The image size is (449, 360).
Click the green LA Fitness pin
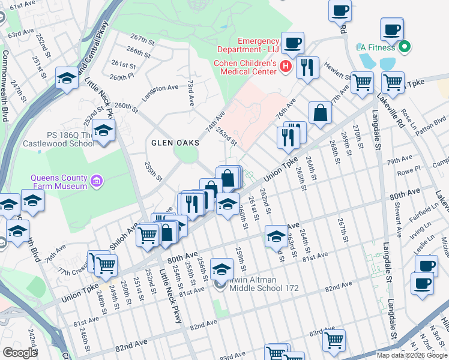[x=404, y=46]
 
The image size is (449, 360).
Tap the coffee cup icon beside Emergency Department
[x=293, y=43]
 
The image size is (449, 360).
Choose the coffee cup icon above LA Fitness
[x=392, y=29]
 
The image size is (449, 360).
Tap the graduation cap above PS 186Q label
[x=104, y=130]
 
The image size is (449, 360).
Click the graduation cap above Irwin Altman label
[x=221, y=268]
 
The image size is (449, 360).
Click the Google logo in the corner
[x=20, y=352]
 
